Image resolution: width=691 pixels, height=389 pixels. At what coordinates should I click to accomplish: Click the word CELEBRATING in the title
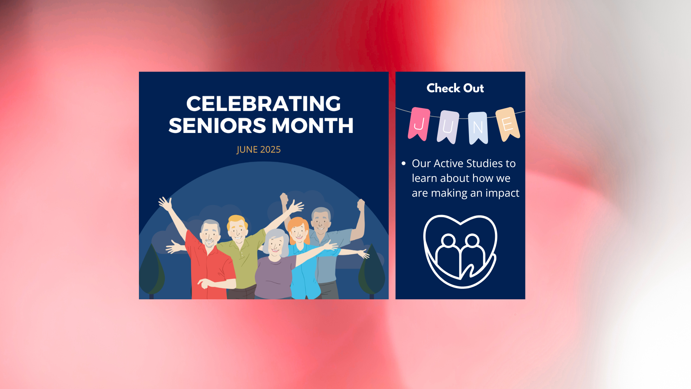[x=263, y=104]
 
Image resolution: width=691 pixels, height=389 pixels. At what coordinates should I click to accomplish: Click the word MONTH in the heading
[x=312, y=126]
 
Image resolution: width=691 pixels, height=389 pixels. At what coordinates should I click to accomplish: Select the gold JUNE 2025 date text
[x=258, y=149]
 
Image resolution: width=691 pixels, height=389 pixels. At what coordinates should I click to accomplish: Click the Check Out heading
[x=455, y=88]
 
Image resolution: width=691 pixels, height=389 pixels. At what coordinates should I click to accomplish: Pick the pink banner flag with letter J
[x=419, y=123]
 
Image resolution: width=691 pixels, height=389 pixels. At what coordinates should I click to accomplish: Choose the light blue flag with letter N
[x=478, y=127]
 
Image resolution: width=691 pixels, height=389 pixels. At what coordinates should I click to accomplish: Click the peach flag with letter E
[x=507, y=124]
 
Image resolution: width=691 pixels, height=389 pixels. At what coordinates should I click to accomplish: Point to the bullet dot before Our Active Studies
[x=404, y=164]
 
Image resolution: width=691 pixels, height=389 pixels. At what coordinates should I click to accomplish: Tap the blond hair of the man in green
[x=236, y=219]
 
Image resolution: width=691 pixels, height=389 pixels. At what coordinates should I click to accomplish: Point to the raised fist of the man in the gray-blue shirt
[x=361, y=205]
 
